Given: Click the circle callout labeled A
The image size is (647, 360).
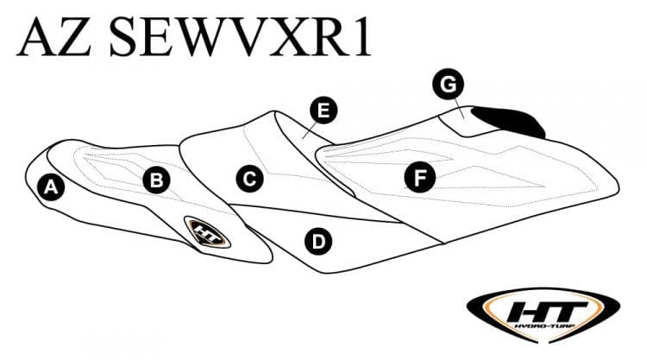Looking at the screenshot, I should [x=52, y=186].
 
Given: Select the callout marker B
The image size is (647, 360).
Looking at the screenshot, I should [x=157, y=180].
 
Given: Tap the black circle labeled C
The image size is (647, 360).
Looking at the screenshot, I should [x=248, y=179].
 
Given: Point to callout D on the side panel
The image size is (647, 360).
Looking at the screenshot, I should [x=318, y=241].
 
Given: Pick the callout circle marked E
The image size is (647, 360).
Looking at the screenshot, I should [x=323, y=110].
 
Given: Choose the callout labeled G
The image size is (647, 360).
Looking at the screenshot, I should [x=448, y=84].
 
